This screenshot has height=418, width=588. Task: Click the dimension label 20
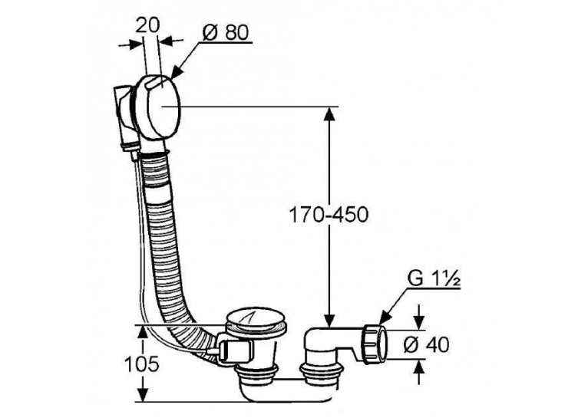(147, 25)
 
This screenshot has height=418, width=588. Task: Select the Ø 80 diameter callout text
(226, 33)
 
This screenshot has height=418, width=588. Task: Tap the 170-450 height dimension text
(329, 215)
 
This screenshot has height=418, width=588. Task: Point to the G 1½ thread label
(433, 279)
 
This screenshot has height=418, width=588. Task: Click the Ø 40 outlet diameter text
(426, 344)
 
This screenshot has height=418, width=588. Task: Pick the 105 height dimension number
(142, 364)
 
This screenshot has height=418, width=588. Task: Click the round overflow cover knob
(159, 108)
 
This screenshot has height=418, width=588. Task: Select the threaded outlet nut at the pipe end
(374, 344)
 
